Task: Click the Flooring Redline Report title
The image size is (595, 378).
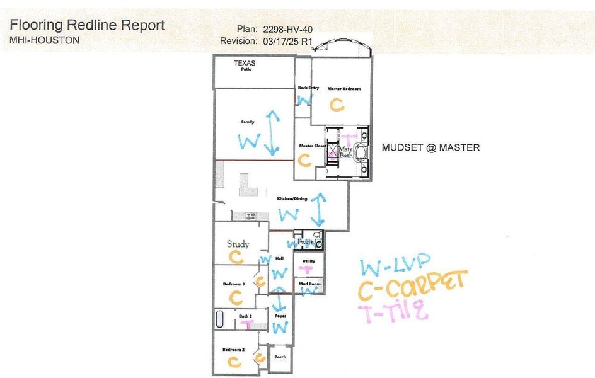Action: coord(88,25)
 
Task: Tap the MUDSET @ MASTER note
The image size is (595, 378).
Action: coord(431,147)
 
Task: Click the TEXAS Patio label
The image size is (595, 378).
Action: coord(246,66)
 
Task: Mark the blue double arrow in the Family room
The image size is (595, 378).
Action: coord(272,133)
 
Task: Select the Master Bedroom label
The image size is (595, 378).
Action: coord(344,89)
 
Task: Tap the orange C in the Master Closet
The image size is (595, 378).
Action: coord(304,161)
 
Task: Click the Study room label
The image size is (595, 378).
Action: coord(238,244)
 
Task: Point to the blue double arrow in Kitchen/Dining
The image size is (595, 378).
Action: coord(319,209)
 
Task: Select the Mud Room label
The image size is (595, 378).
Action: coord(309,284)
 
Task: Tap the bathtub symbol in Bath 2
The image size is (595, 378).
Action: coord(220,318)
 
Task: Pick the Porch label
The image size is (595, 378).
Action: coord(280,357)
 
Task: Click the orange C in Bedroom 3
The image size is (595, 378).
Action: coord(236,296)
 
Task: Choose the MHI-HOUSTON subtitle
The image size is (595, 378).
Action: coord(45,40)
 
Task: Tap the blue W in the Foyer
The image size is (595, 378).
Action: coord(280,327)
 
